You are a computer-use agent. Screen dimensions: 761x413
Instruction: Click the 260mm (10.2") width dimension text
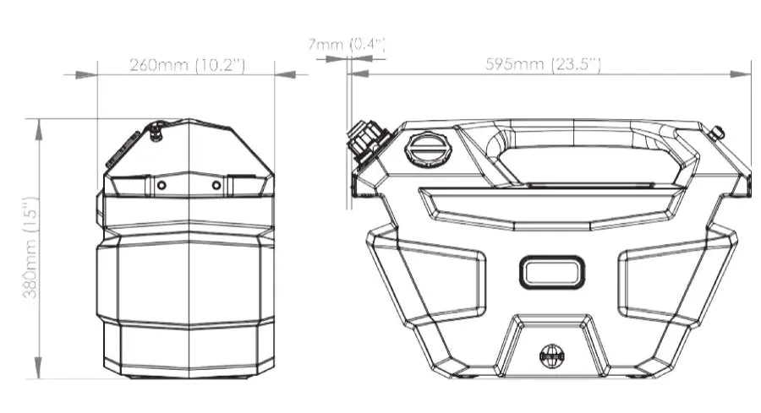coord(188,65)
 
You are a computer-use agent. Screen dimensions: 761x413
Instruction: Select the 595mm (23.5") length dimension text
coord(543,64)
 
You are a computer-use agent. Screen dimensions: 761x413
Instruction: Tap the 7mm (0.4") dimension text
coord(347,45)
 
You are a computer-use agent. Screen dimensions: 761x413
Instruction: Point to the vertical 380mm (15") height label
coord(30,247)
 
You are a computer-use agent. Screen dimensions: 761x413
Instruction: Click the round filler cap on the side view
coord(428,149)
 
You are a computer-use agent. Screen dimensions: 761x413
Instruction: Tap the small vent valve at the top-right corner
coord(716,132)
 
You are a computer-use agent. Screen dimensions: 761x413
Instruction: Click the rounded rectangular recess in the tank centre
coord(552,272)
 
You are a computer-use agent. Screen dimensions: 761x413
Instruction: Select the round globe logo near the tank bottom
coord(552,356)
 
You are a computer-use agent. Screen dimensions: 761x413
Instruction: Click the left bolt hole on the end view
coord(162,185)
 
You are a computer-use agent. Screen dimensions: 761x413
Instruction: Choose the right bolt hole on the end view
coord(216,185)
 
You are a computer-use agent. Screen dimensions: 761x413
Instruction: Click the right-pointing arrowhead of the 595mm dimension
coord(741,74)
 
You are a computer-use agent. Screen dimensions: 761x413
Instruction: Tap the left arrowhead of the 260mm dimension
coord(87,74)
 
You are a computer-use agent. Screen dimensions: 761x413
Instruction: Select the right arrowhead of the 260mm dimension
coord(286,74)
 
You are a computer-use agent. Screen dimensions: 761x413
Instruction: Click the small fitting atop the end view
coord(156,131)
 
